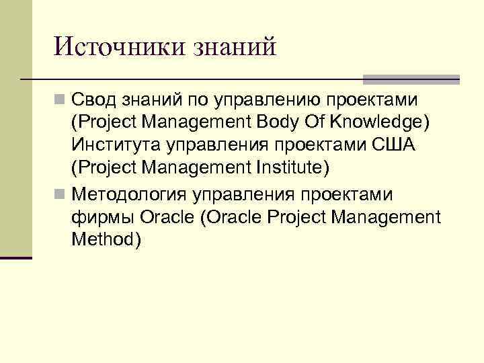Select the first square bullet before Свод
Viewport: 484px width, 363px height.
[x=61, y=100]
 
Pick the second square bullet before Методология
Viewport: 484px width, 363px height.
[x=61, y=194]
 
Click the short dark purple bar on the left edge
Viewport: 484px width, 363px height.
[x=16, y=257]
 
